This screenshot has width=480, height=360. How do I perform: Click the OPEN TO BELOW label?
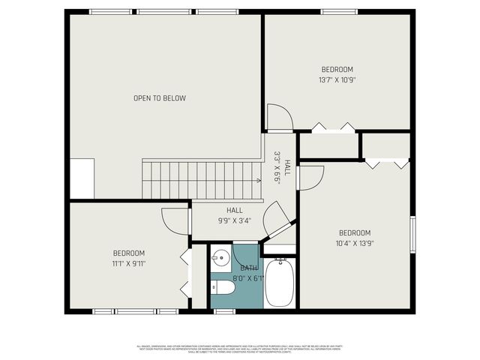160,98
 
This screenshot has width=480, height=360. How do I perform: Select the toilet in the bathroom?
223,287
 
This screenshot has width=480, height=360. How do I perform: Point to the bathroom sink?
220,259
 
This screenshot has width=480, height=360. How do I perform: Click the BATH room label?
249,268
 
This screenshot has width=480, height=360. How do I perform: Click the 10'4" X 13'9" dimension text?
354,243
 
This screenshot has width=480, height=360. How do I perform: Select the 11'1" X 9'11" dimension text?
128,263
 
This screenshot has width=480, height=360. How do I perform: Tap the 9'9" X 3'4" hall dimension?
234,220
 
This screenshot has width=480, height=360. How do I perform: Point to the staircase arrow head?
259,180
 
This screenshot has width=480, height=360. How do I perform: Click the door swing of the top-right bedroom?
279,117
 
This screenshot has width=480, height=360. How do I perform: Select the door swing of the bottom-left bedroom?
177,220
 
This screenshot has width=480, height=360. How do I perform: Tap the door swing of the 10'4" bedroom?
310,178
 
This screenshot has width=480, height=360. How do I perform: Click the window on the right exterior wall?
412,235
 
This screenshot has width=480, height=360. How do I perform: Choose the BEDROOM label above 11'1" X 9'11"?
128,253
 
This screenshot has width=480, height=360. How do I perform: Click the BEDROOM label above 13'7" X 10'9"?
337,70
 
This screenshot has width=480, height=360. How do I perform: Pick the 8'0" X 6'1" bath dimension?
249,277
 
